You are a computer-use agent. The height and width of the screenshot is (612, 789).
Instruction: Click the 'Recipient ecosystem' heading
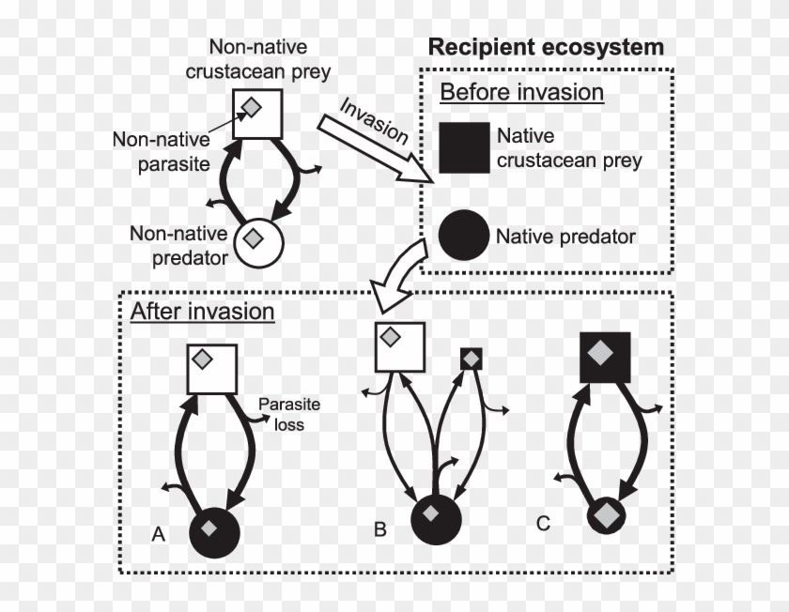pos(546,47)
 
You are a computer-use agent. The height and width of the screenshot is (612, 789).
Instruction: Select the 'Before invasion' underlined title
pos(521,93)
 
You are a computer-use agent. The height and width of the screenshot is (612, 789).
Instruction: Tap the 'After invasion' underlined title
pos(203,312)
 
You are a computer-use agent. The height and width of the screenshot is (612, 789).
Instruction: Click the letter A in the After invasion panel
pos(159,534)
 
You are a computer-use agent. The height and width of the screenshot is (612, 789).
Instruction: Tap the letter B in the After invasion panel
pos(380,529)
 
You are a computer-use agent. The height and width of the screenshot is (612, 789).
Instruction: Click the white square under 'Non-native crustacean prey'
pos(256,113)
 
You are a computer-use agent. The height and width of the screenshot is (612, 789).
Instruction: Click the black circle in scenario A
pos(217,533)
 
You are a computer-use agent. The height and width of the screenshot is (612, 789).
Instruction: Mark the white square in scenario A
pos(211,368)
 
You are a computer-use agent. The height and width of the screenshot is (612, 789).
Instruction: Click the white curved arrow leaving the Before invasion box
pos(398,272)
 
